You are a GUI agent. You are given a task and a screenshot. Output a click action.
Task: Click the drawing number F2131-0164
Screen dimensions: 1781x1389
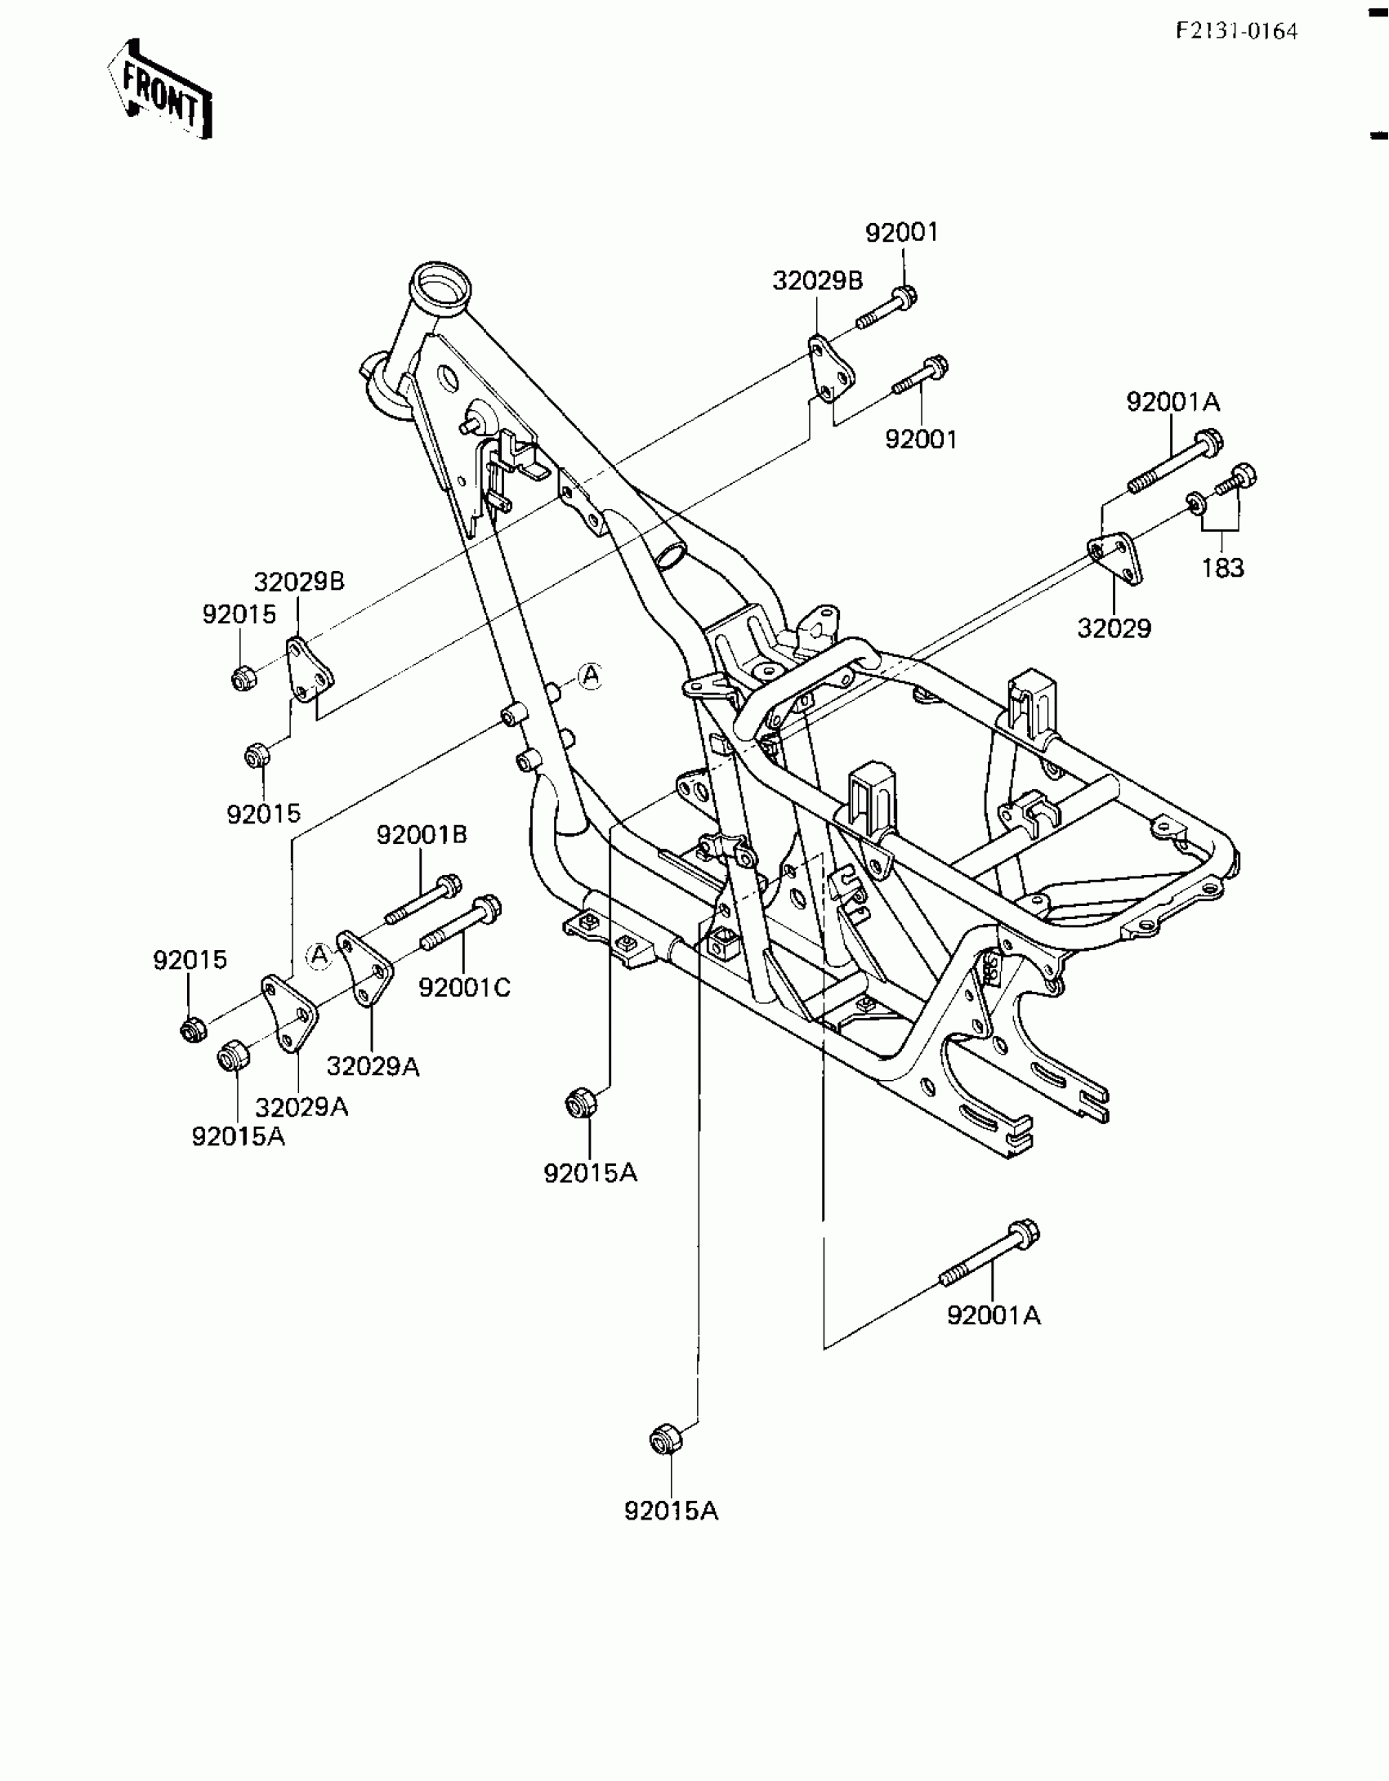[x=1236, y=32]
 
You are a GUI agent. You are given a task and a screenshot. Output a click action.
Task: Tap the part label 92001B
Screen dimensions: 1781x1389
[x=422, y=835]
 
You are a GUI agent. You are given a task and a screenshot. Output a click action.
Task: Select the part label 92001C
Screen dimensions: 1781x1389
[x=464, y=988]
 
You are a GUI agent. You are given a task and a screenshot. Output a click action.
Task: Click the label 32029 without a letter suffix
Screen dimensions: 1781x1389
[x=1114, y=628]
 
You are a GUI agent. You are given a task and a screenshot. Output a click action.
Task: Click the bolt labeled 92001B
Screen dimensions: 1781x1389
[x=424, y=899]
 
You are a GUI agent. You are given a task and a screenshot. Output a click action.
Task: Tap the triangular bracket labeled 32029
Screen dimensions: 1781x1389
[x=1114, y=557]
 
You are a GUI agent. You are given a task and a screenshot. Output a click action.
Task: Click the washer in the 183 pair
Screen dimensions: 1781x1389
[x=1195, y=502]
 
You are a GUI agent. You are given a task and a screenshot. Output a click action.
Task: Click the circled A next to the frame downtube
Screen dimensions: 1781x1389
[x=589, y=676]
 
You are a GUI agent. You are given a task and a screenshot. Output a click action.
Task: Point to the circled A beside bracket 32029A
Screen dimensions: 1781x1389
[x=319, y=953]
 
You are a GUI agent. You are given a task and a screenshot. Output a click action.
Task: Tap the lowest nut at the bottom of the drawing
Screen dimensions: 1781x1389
[x=663, y=1440]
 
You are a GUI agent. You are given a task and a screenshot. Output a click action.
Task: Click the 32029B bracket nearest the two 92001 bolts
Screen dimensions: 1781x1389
[x=831, y=372]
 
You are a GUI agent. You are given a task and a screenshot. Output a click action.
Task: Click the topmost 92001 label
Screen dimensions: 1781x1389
[x=902, y=233]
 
